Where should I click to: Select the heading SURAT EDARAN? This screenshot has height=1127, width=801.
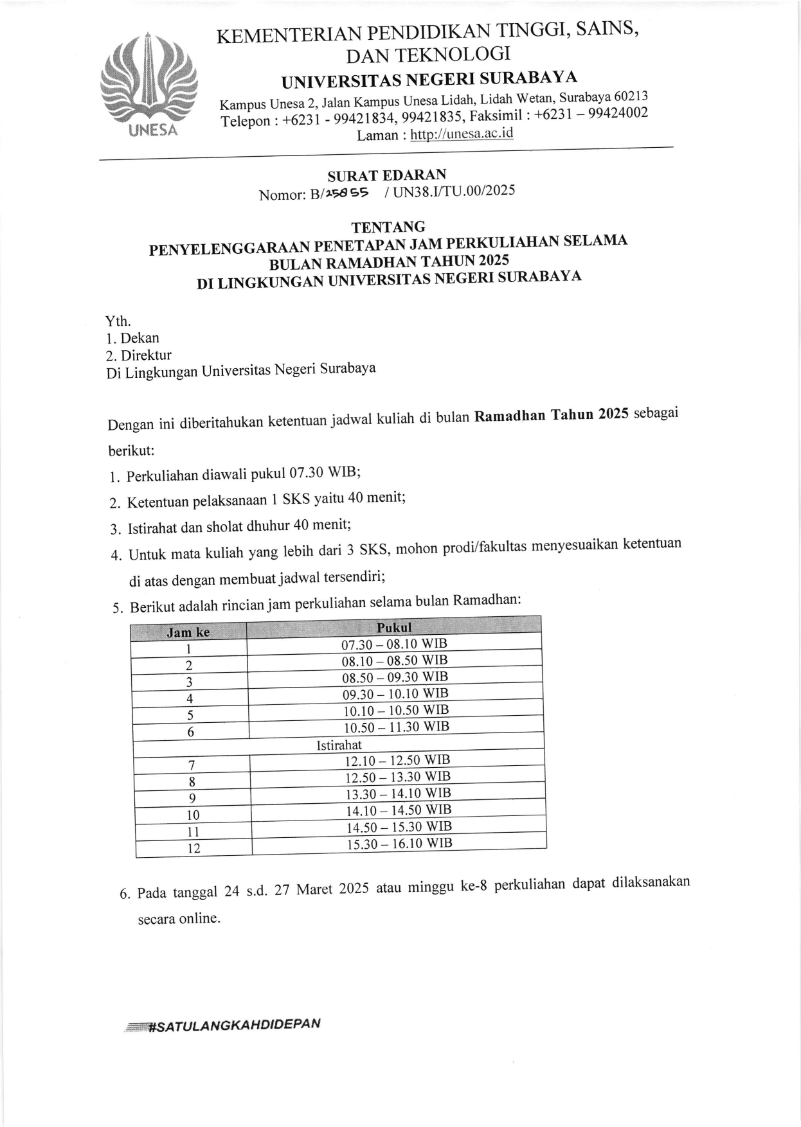[x=386, y=175]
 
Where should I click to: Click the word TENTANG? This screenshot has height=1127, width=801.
[x=388, y=227]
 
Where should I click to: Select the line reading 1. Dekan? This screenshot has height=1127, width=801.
[x=133, y=338]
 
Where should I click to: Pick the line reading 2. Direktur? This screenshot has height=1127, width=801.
[x=139, y=355]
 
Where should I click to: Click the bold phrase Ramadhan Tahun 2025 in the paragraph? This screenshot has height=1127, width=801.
[x=551, y=415]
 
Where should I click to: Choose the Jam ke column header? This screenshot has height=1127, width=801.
[x=188, y=632]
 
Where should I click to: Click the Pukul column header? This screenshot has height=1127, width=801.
[x=394, y=627]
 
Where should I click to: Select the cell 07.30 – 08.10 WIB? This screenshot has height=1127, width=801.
[x=394, y=644]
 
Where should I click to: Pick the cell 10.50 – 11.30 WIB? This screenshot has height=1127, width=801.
[x=396, y=727]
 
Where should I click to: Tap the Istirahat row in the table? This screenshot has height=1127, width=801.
[x=339, y=745]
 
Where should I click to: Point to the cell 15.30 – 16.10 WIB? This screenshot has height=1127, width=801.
[x=399, y=844]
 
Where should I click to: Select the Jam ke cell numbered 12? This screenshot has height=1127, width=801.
[x=194, y=849]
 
